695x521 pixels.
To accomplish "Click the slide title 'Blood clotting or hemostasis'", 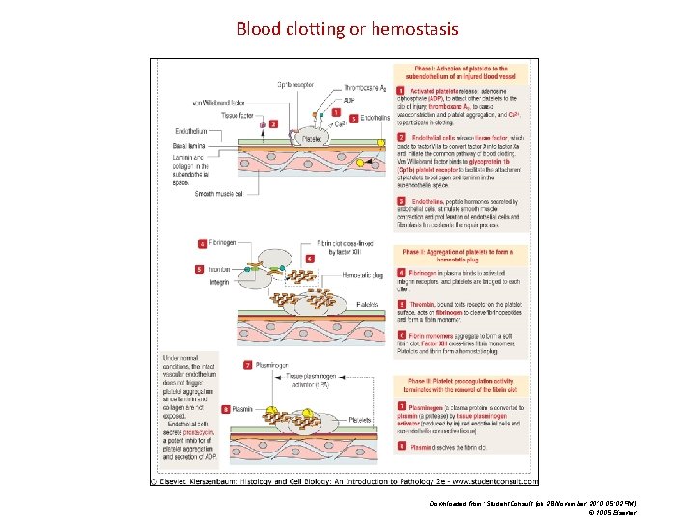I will [x=347, y=28].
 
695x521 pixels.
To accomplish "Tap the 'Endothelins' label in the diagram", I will [x=375, y=118].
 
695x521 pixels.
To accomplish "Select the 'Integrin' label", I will [x=219, y=282].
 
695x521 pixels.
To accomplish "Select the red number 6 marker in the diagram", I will [x=309, y=260].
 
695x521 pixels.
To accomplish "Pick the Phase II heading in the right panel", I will [x=460, y=255].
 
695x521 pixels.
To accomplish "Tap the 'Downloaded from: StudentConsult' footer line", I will [x=533, y=504].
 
